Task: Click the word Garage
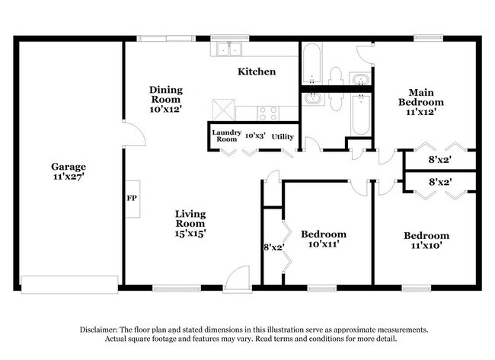point(68,167)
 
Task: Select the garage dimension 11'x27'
point(68,177)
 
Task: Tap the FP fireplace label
point(131,198)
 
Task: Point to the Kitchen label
point(257,72)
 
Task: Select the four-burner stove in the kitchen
point(268,113)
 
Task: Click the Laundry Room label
point(227,136)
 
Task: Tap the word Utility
point(283,136)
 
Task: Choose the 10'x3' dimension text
point(254,135)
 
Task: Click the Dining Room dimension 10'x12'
point(165,109)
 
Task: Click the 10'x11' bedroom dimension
point(323,244)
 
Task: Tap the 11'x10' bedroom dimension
point(426,245)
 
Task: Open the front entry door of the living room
point(237,278)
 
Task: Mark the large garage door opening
point(69,284)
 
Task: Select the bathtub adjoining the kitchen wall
point(311,65)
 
